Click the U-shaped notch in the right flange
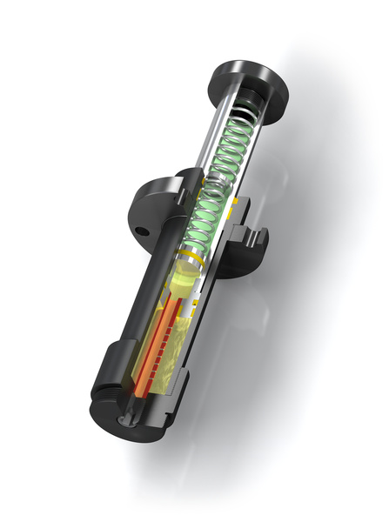point(250,236)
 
